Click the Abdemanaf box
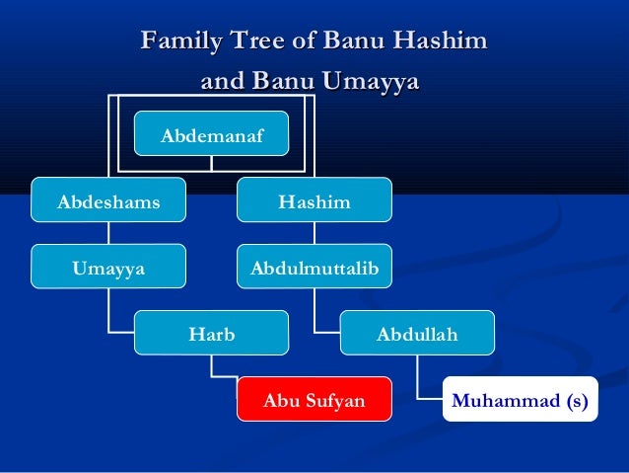click(x=212, y=134)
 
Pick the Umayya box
click(x=108, y=267)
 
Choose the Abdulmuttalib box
click(x=314, y=267)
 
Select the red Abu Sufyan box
click(x=314, y=400)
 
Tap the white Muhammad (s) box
click(x=520, y=400)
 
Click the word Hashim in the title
click(x=441, y=41)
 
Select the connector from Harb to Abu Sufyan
click(x=213, y=370)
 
